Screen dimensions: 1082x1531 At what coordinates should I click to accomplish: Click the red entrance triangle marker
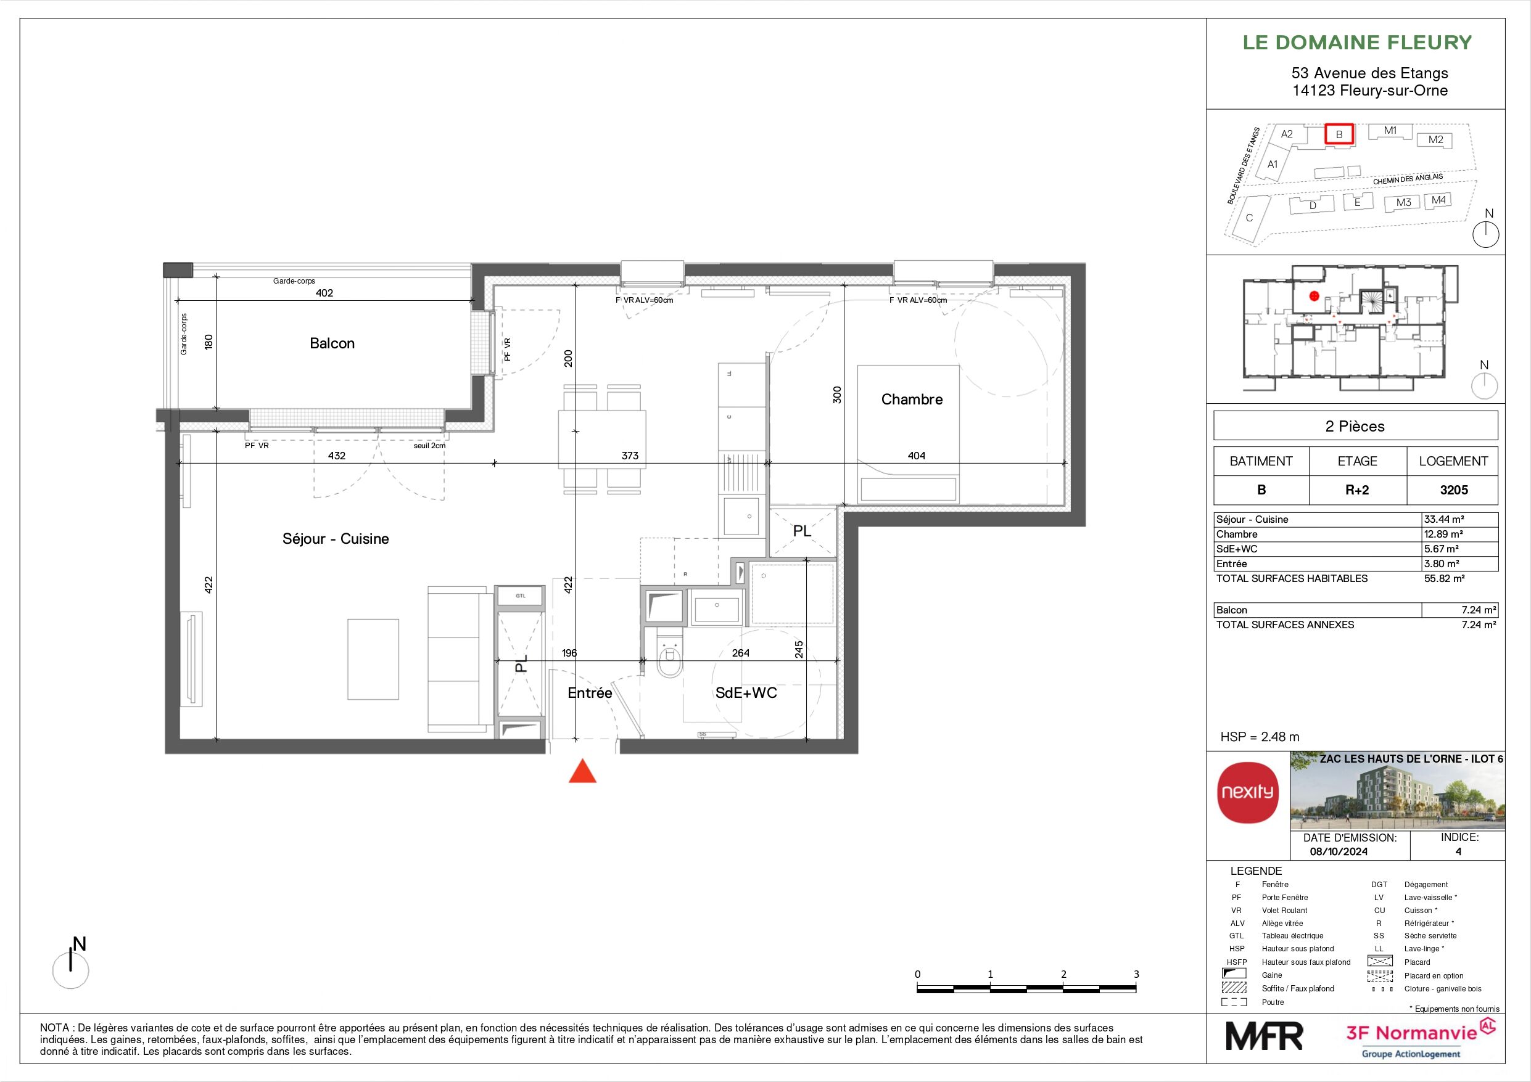coord(582,772)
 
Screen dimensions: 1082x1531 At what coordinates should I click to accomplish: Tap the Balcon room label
coord(332,343)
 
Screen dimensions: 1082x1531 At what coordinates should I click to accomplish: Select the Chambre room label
coord(912,400)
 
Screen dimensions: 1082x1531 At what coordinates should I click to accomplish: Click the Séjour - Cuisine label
coord(336,539)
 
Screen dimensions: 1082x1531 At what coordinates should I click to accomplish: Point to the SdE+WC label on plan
coord(746,693)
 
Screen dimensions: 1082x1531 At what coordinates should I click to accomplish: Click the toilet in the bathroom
coord(669,660)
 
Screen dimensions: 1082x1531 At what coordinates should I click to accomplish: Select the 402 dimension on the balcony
coord(324,293)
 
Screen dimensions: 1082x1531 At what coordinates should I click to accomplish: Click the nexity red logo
coord(1248,793)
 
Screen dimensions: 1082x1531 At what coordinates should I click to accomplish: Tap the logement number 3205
coord(1454,490)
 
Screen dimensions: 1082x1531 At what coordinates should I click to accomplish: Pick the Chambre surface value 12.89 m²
coord(1443,534)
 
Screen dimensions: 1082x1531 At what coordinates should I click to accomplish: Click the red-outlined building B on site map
coord(1339,134)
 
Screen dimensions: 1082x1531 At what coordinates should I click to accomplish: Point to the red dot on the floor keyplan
coord(1314,295)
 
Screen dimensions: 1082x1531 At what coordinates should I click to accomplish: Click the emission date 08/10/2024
coord(1339,851)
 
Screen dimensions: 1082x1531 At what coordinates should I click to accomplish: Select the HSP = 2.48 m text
coord(1260,737)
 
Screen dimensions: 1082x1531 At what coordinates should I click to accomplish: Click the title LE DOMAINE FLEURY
coord(1357,43)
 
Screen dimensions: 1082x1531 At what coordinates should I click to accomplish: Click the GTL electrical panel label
coord(520,596)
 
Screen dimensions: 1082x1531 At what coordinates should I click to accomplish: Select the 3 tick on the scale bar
coord(1136,974)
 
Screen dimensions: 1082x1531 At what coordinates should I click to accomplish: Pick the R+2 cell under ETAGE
coord(1357,490)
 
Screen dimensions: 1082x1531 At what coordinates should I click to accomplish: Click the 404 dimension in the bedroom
coord(916,456)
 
